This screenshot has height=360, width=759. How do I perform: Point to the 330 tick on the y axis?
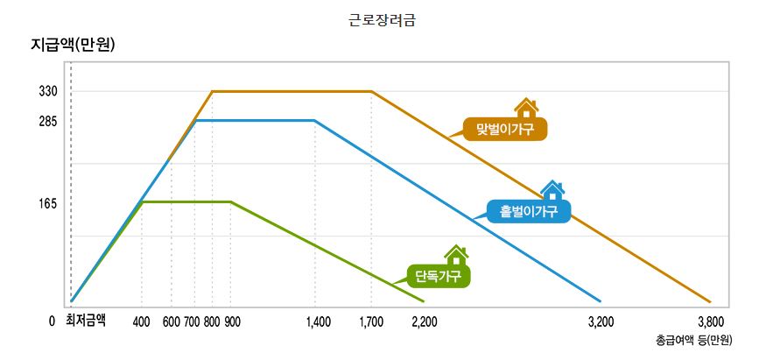[48, 91]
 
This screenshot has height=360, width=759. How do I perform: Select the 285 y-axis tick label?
[48, 121]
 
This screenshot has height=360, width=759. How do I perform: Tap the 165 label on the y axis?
[48, 203]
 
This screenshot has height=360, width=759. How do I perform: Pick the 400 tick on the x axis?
[141, 321]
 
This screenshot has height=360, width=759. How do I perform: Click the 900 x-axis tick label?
[232, 321]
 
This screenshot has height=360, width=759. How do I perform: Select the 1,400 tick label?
[319, 321]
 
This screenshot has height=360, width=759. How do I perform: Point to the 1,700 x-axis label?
[371, 321]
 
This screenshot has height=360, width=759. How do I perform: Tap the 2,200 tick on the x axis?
[424, 321]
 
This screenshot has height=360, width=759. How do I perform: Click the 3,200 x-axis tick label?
[601, 321]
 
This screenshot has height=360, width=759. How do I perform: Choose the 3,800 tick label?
[710, 321]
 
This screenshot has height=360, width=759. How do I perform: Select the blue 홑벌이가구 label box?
[529, 211]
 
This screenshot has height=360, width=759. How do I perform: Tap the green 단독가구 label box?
[439, 276]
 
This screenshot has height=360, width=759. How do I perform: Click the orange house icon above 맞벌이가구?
[525, 108]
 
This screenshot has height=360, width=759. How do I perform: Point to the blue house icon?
[552, 189]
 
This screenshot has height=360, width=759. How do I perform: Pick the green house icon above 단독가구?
[455, 254]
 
